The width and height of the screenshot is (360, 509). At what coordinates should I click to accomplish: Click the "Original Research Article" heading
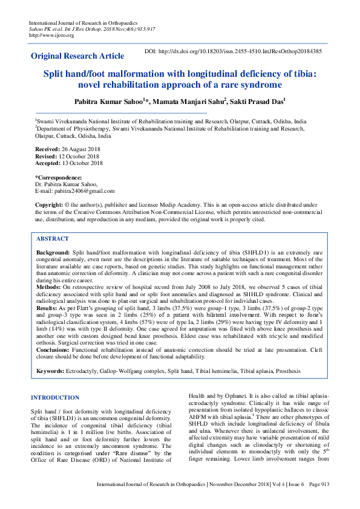click(x=77, y=56)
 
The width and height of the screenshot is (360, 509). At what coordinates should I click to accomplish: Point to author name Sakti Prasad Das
click(x=257, y=101)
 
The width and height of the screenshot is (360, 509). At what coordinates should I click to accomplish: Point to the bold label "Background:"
click(x=53, y=251)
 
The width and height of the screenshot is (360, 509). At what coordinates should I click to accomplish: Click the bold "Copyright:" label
click(x=50, y=206)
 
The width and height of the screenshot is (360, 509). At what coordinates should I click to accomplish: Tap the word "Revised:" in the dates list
click(x=48, y=156)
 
